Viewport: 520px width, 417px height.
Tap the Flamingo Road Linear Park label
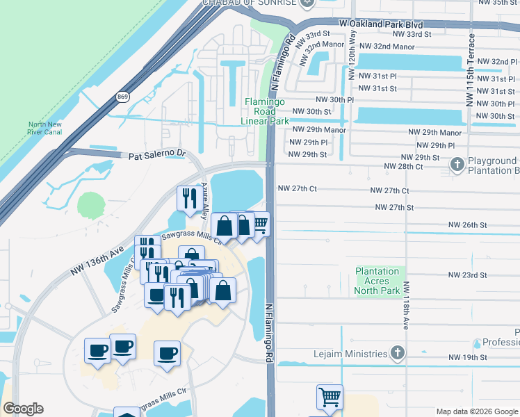point(266,111)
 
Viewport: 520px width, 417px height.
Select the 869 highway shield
point(123,96)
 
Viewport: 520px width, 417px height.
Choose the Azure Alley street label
point(205,202)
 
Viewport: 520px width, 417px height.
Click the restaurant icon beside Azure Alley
point(190,199)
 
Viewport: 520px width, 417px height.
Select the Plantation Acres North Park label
point(377,281)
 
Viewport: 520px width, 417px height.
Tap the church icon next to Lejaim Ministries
point(397,354)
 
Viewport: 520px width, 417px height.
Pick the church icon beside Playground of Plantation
point(457,165)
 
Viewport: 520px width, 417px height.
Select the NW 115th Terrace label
point(471,69)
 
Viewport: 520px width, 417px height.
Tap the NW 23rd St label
point(467,275)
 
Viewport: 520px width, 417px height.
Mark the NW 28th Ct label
point(403,167)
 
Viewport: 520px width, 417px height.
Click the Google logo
point(24,409)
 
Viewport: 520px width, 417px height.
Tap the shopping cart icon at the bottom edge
point(330,398)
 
